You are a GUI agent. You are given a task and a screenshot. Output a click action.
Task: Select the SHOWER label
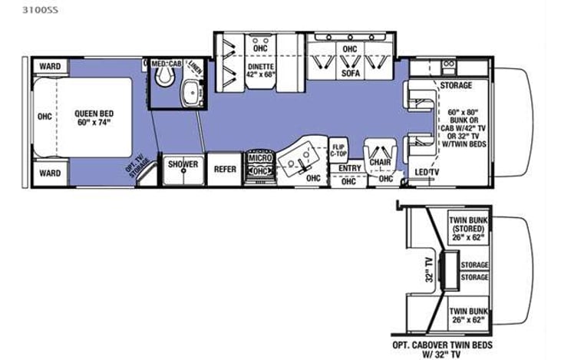pyautogui.click(x=183, y=164)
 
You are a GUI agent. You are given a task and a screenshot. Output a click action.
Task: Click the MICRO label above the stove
pyautogui.click(x=261, y=158)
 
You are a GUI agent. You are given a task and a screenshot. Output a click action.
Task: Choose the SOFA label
pyautogui.click(x=351, y=74)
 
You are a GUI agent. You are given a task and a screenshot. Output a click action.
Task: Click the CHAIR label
pyautogui.click(x=376, y=163)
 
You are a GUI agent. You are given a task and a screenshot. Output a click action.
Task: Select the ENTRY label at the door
pyautogui.click(x=349, y=168)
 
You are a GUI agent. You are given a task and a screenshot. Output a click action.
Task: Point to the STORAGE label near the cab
pyautogui.click(x=456, y=85)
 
